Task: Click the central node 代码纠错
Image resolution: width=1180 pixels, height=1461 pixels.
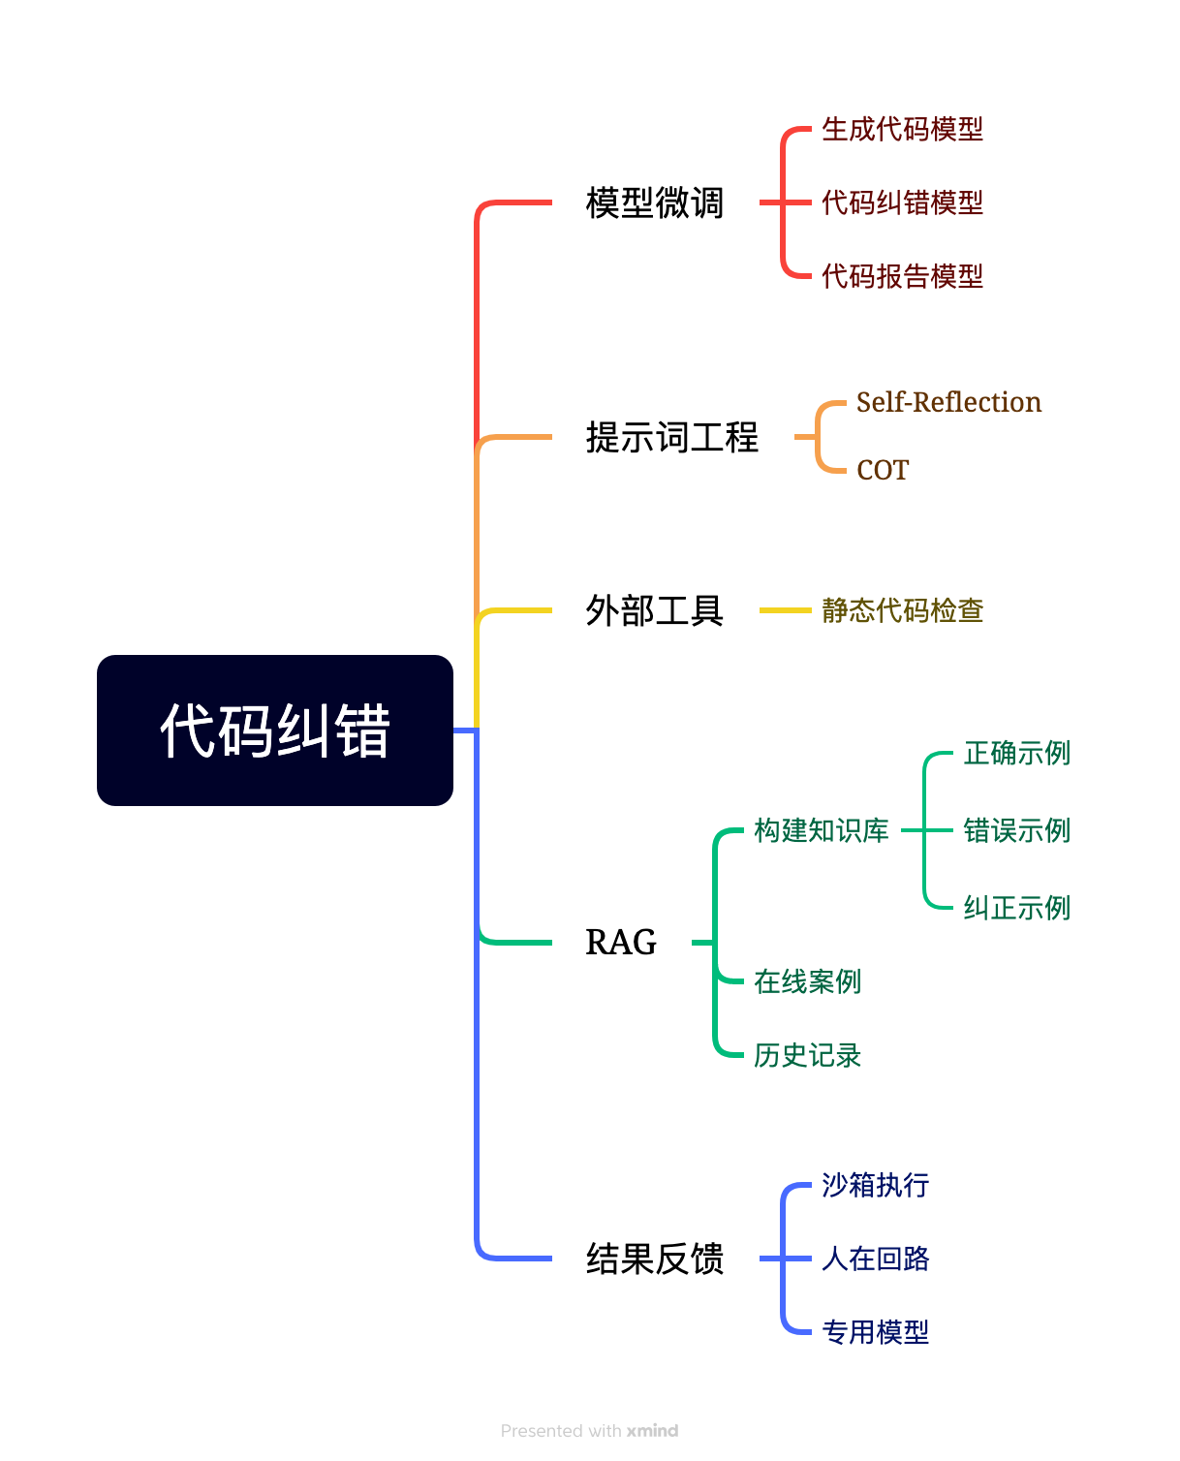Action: pyautogui.click(x=275, y=730)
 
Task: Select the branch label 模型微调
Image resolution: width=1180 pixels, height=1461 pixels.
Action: pyautogui.click(x=655, y=203)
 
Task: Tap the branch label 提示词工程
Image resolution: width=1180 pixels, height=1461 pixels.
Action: pyautogui.click(x=672, y=437)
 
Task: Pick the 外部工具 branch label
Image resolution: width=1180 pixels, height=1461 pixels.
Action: pyautogui.click(x=655, y=611)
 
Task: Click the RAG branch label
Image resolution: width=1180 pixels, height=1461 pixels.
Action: pyautogui.click(x=621, y=942)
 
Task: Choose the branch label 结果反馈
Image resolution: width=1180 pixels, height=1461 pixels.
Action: pyautogui.click(x=655, y=1259)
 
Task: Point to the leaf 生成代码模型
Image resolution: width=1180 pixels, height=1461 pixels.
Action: pyautogui.click(x=902, y=129)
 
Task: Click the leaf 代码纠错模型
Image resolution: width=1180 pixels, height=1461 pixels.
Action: pyautogui.click(x=902, y=202)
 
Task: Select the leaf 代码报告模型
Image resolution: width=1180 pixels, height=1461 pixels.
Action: pyautogui.click(x=902, y=276)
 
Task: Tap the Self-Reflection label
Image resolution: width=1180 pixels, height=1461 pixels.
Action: pyautogui.click(x=948, y=402)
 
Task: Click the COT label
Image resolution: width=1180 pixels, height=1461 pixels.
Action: pyautogui.click(x=883, y=470)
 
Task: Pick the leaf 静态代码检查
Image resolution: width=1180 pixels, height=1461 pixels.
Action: pyautogui.click(x=902, y=610)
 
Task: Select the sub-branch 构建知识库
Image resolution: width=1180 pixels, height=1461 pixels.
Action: pyautogui.click(x=822, y=830)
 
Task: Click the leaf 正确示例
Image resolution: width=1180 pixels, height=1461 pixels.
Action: pyautogui.click(x=1016, y=753)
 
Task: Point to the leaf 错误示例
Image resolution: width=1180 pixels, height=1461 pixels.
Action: pyautogui.click(x=1016, y=830)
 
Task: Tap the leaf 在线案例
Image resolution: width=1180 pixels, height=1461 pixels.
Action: pyautogui.click(x=807, y=981)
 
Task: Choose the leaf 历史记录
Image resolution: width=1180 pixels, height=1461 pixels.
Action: pyautogui.click(x=807, y=1055)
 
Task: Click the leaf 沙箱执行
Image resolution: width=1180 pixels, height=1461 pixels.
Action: pyautogui.click(x=875, y=1185)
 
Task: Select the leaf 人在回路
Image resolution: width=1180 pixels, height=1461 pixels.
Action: pyautogui.click(x=875, y=1259)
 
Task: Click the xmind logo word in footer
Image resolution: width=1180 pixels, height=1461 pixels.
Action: pyautogui.click(x=652, y=1431)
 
